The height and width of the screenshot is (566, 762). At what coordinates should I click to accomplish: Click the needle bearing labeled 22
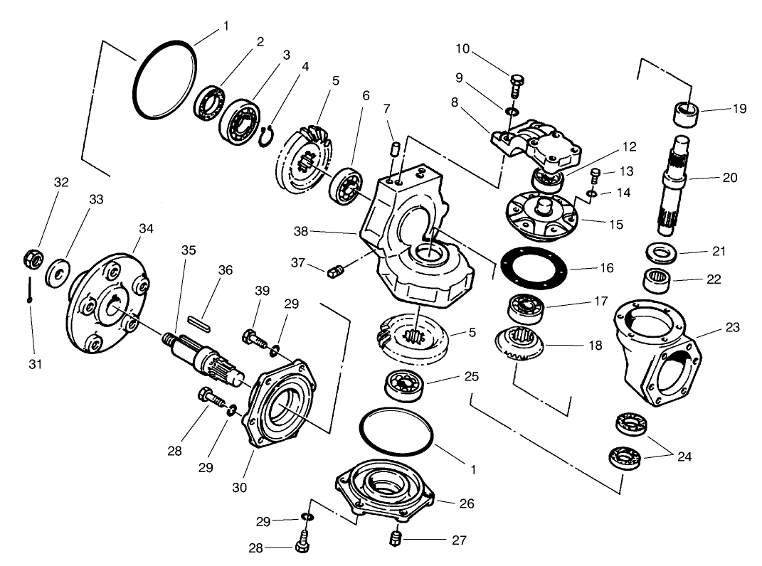pyautogui.click(x=658, y=279)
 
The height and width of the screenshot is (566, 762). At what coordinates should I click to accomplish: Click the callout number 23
pyautogui.click(x=732, y=328)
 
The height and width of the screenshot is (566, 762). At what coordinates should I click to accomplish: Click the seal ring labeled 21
pyautogui.click(x=660, y=253)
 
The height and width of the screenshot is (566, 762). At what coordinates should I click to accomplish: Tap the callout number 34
pyautogui.click(x=146, y=228)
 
